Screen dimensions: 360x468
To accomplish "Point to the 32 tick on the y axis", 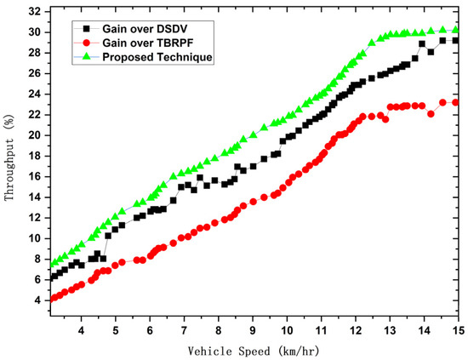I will coord(35,11).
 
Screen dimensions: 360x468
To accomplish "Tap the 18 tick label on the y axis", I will coord(35,156).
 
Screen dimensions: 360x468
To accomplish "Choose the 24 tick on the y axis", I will coord(35,94).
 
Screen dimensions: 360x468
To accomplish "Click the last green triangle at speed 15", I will coord(455,30).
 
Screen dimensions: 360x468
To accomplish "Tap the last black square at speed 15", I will coord(455,40).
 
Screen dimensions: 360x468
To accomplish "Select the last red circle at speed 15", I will coord(455,102).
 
